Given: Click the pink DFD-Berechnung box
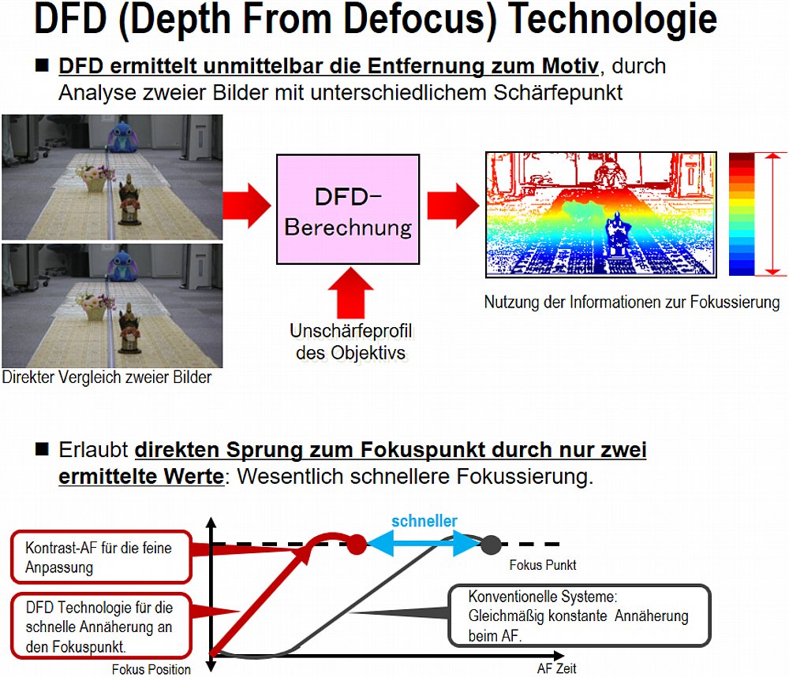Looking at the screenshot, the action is pos(348,209).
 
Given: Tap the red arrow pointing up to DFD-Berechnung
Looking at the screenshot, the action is pos(351,293).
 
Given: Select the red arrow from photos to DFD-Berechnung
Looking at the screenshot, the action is pos(247,206).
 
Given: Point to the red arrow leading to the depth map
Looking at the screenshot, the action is pos(453,206).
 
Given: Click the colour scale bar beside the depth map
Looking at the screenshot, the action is pos(741,214).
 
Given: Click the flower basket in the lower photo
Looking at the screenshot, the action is pos(95,307).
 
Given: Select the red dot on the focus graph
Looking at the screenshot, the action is pos(357,545).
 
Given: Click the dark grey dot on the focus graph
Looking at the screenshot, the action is pos(491,545).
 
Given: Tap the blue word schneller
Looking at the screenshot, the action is pos(424,521).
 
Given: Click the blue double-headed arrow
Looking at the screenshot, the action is pos(424,545).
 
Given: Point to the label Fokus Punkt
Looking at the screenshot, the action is pos(543,565).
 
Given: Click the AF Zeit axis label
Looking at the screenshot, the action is pos(556,668).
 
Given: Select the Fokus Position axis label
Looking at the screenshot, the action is pos(151,669).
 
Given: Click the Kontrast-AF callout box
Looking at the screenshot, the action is pos(101,557).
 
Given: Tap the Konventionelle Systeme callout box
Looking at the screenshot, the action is pos(579,616).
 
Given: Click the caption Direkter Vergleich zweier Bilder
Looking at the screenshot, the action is pos(107,377).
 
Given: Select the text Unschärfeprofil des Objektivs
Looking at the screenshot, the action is pos(351,342).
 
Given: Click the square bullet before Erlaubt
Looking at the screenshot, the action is pos(43,448).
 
